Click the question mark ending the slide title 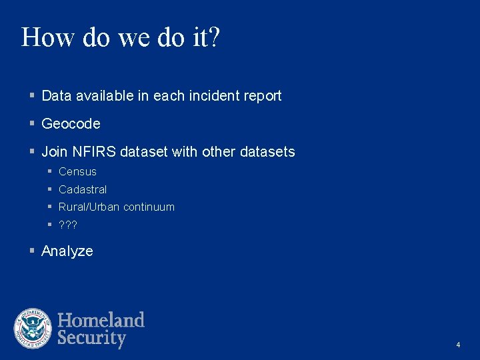point(213,37)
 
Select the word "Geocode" point(71,124)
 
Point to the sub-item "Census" point(77,172)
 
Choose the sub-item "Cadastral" point(83,190)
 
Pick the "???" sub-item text point(68,225)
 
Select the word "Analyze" point(67,251)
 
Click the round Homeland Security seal point(33,329)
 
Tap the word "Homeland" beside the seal point(101,320)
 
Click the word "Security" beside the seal point(92,338)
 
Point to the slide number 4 point(458,345)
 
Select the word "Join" point(53,152)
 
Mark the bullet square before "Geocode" point(32,124)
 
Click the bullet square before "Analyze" point(32,251)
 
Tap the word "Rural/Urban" point(89,207)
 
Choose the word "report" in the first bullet point(261,96)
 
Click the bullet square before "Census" point(50,172)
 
